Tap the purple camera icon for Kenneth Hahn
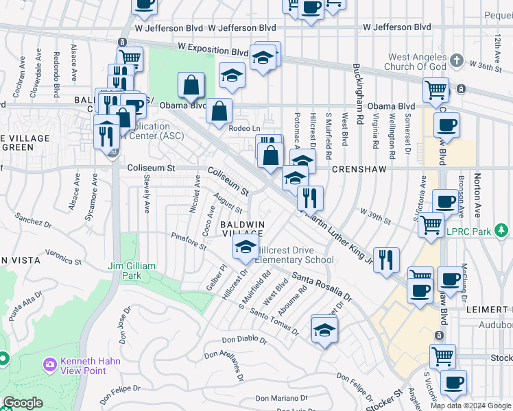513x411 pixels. pos(49,362)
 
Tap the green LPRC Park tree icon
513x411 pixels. pos(503,231)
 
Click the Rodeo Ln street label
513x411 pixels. pos(245,128)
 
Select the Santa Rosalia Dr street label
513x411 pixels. pos(322,287)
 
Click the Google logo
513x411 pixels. pos(23,403)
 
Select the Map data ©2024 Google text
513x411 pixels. pos(471,406)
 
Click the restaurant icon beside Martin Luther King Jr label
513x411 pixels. pos(387,260)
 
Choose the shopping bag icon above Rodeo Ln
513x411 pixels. pos(219,111)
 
